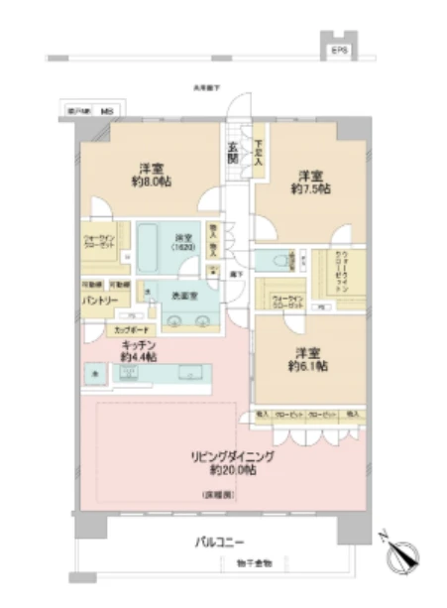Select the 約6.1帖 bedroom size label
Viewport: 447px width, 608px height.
306,366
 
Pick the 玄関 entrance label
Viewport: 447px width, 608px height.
232,152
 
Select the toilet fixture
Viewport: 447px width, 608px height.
275,261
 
